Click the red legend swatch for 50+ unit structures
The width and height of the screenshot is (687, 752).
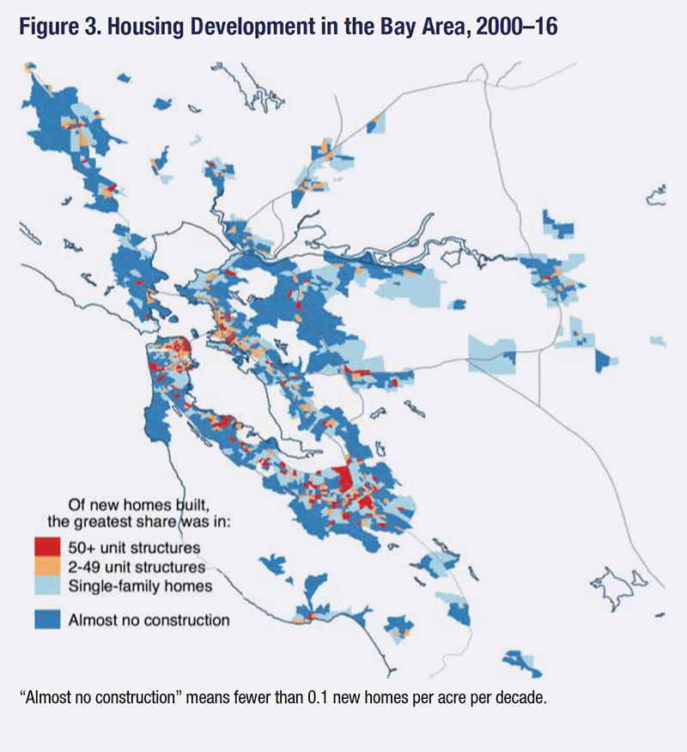click(47, 546)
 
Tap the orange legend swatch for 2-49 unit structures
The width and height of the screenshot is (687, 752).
click(47, 566)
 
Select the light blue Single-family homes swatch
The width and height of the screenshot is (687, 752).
click(47, 585)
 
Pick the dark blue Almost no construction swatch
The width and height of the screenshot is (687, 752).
click(47, 618)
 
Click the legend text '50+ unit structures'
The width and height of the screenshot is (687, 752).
click(134, 547)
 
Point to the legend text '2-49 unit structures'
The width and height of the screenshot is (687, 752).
click(137, 567)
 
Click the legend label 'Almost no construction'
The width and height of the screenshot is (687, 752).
click(149, 619)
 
